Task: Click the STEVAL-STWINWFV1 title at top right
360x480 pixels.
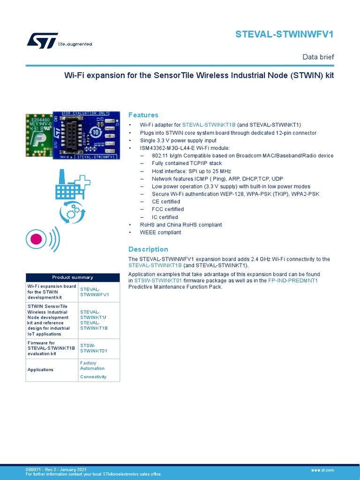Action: [x=285, y=34]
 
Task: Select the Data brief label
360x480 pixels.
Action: [x=318, y=57]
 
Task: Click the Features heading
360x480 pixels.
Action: [x=143, y=115]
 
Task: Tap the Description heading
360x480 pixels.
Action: [x=148, y=249]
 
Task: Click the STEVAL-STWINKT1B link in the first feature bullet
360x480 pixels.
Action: [x=209, y=125]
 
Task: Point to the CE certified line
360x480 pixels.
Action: [x=165, y=202]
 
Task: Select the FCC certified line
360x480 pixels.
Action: [x=167, y=209]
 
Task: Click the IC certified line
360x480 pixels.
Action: [x=165, y=217]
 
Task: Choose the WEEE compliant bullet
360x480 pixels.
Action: [x=160, y=232]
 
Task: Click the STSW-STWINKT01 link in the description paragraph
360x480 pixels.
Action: [x=158, y=280]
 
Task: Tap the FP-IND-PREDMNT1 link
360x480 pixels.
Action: [x=293, y=280]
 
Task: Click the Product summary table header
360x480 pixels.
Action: [x=73, y=277]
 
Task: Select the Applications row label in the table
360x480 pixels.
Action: [x=41, y=369]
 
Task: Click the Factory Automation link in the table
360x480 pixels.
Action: [x=92, y=366]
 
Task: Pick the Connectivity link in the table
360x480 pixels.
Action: [x=93, y=377]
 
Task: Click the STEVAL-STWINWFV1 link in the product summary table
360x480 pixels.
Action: [x=94, y=292]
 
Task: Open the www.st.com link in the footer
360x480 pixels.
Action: [x=322, y=470]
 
